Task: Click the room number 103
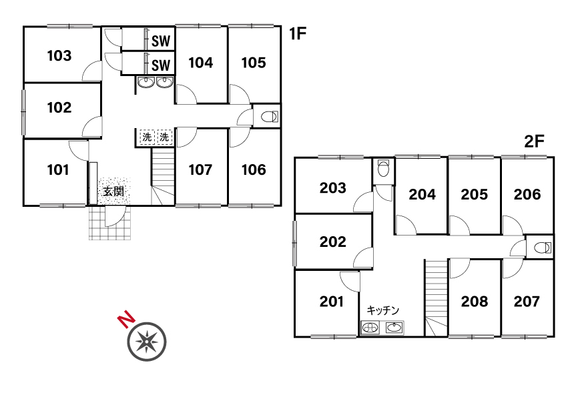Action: coord(59,55)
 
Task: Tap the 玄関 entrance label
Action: coord(113,191)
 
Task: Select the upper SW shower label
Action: coord(161,41)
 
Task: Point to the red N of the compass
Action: coord(127,320)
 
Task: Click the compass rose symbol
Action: coord(147,342)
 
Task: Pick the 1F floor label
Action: coord(298,33)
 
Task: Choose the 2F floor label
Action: coord(534,141)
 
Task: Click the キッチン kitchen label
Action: coord(383,310)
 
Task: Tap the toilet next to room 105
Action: coord(270,117)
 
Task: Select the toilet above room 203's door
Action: coord(384,168)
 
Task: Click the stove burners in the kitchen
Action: coord(370,328)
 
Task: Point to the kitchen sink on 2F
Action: coord(394,328)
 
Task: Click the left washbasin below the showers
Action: coord(146,83)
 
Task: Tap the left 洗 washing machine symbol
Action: coord(147,137)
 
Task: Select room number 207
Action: coord(527,302)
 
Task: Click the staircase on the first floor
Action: coord(163,177)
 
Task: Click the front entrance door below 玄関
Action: coord(115,216)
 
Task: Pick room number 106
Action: coord(254,170)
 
